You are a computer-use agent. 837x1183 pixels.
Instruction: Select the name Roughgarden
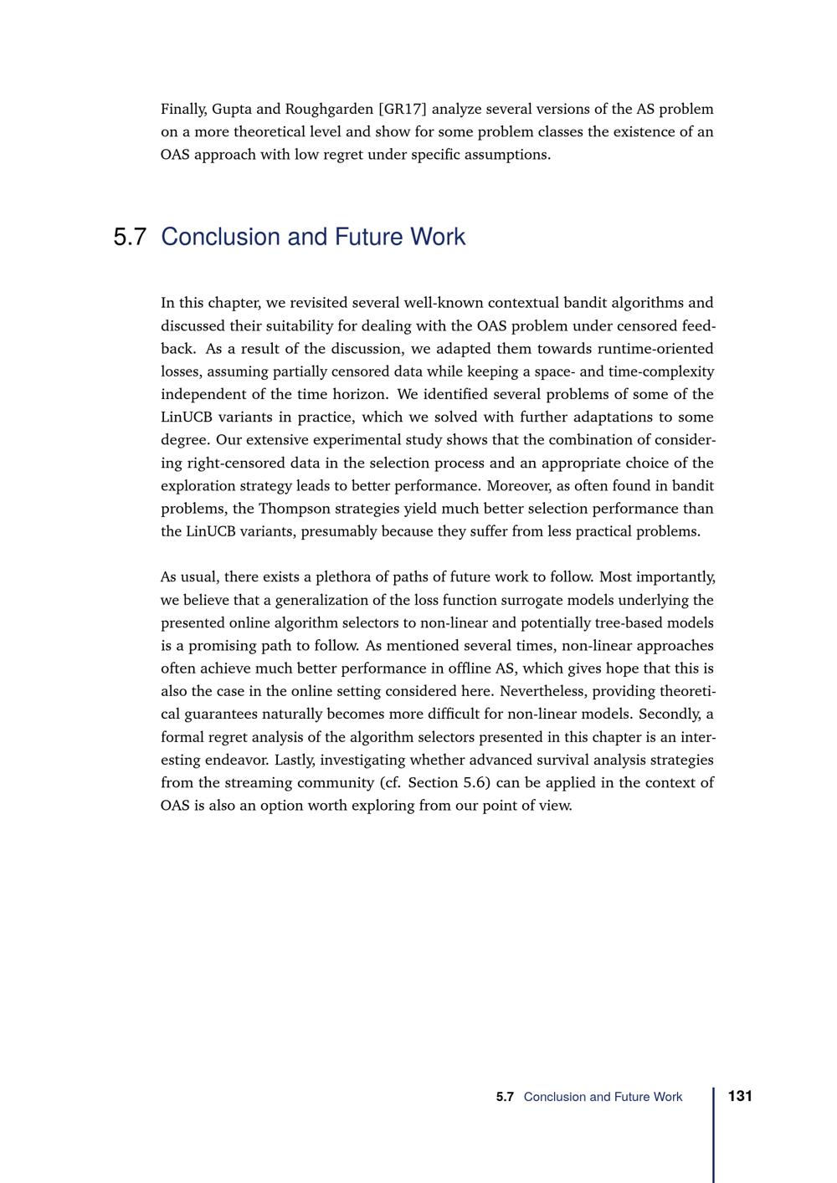329,110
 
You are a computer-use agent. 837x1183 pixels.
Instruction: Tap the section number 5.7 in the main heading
130,238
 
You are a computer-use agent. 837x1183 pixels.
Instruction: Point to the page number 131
740,1096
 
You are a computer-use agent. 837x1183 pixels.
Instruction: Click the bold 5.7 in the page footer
505,1097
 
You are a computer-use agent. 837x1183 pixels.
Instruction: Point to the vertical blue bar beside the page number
714,1134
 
